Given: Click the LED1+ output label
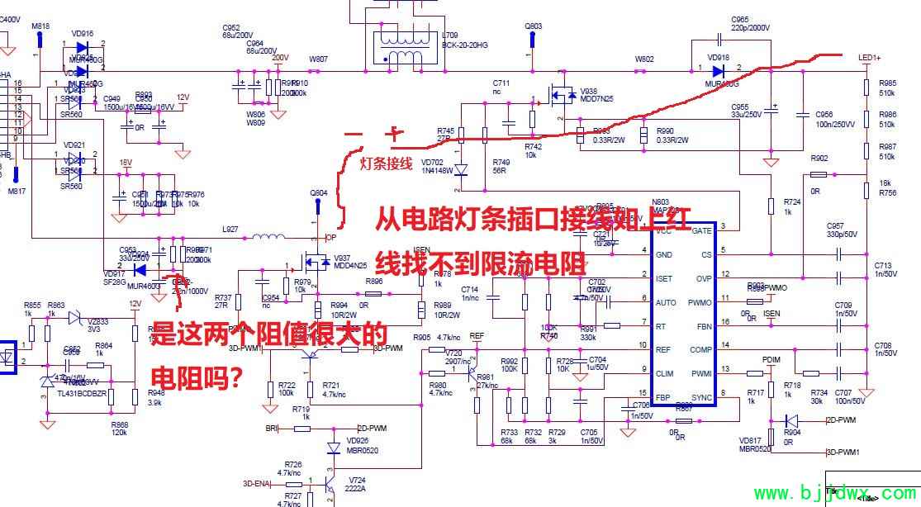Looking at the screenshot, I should coord(870,58).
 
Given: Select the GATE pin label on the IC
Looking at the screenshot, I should coord(701,230).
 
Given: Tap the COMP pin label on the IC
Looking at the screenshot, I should coord(701,350).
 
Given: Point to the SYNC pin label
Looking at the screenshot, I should coord(701,398).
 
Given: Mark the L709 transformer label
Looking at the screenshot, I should coord(450,36).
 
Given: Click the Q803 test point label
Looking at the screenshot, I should coord(534,26).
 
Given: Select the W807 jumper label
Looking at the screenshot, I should coord(318,59).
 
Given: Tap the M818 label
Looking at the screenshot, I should coord(40,26).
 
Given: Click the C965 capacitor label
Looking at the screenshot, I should coord(739,19).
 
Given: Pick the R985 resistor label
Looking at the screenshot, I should coord(888,83).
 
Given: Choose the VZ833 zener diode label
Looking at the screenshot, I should coord(97,321).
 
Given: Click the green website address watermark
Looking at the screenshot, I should coord(833,494).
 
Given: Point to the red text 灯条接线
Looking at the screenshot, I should coord(386,163).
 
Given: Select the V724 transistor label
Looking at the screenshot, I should coord(357,480).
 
